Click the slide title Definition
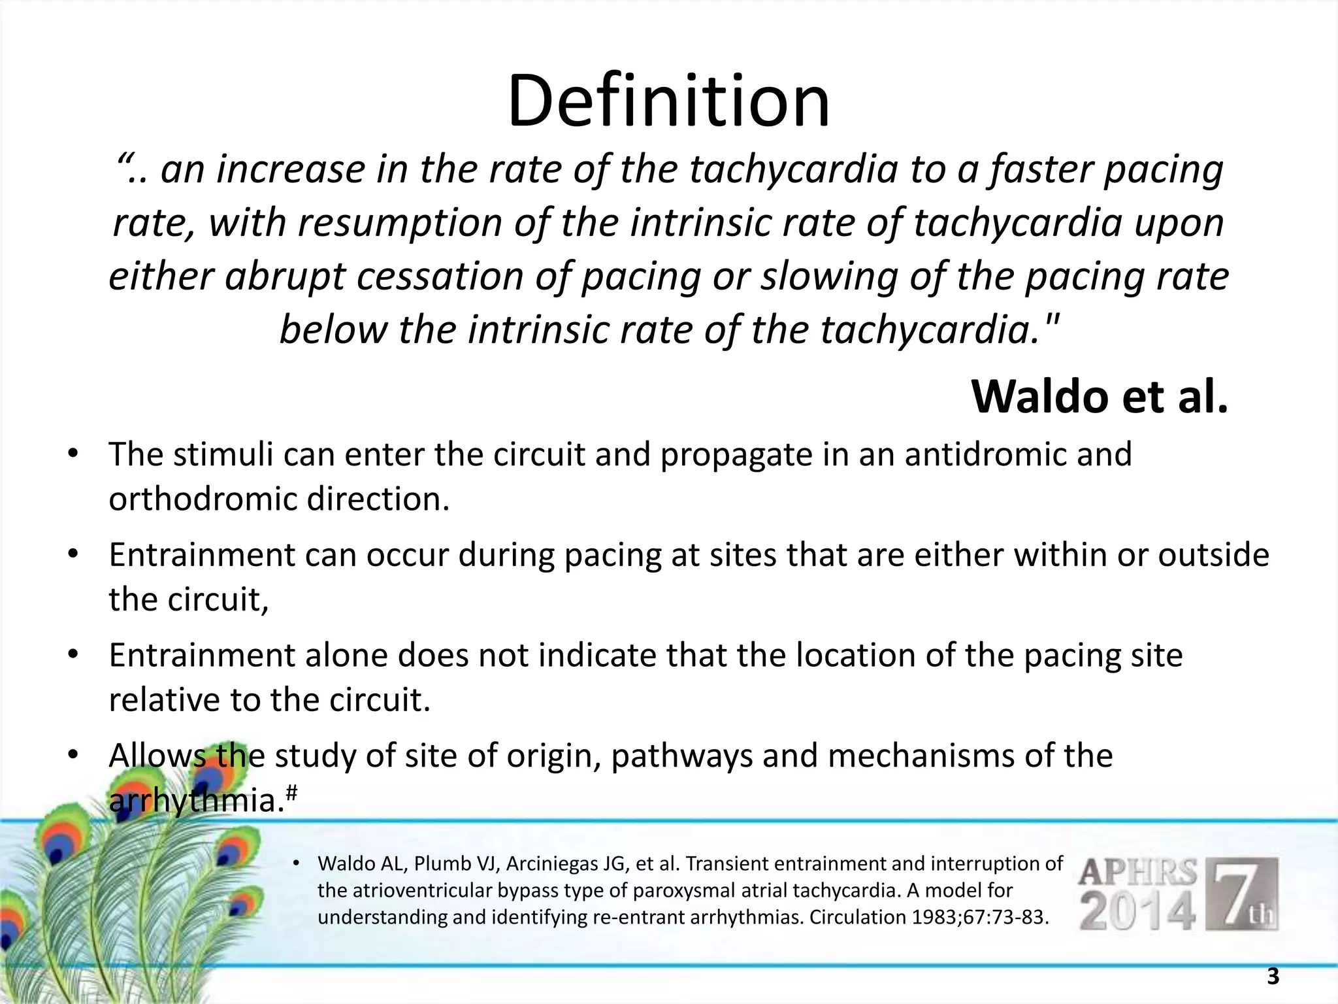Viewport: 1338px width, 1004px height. [x=668, y=102]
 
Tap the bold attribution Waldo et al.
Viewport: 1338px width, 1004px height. [x=1100, y=397]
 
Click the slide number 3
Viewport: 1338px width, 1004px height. [x=1272, y=977]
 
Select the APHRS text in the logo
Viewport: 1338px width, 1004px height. [x=1138, y=873]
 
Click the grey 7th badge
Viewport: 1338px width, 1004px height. [x=1241, y=894]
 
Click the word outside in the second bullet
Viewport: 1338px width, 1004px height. [x=1213, y=555]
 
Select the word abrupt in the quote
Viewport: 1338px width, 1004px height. [x=285, y=276]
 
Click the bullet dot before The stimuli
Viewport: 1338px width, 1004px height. [x=73, y=454]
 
